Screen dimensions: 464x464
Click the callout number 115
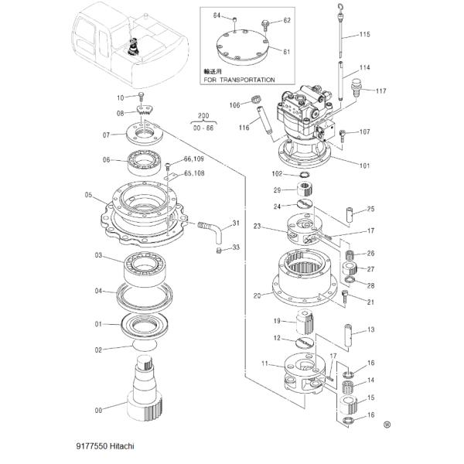pyautogui.click(x=365, y=35)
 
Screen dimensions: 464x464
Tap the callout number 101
pyautogui.click(x=365, y=165)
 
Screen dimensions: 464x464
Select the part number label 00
pyautogui.click(x=98, y=410)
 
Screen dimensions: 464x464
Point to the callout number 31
pyautogui.click(x=237, y=223)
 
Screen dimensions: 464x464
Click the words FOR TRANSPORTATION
pyautogui.click(x=240, y=80)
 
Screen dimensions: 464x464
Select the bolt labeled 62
pyautogui.click(x=266, y=24)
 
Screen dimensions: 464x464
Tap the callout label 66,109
pyautogui.click(x=194, y=159)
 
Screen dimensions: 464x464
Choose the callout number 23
pyautogui.click(x=258, y=227)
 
